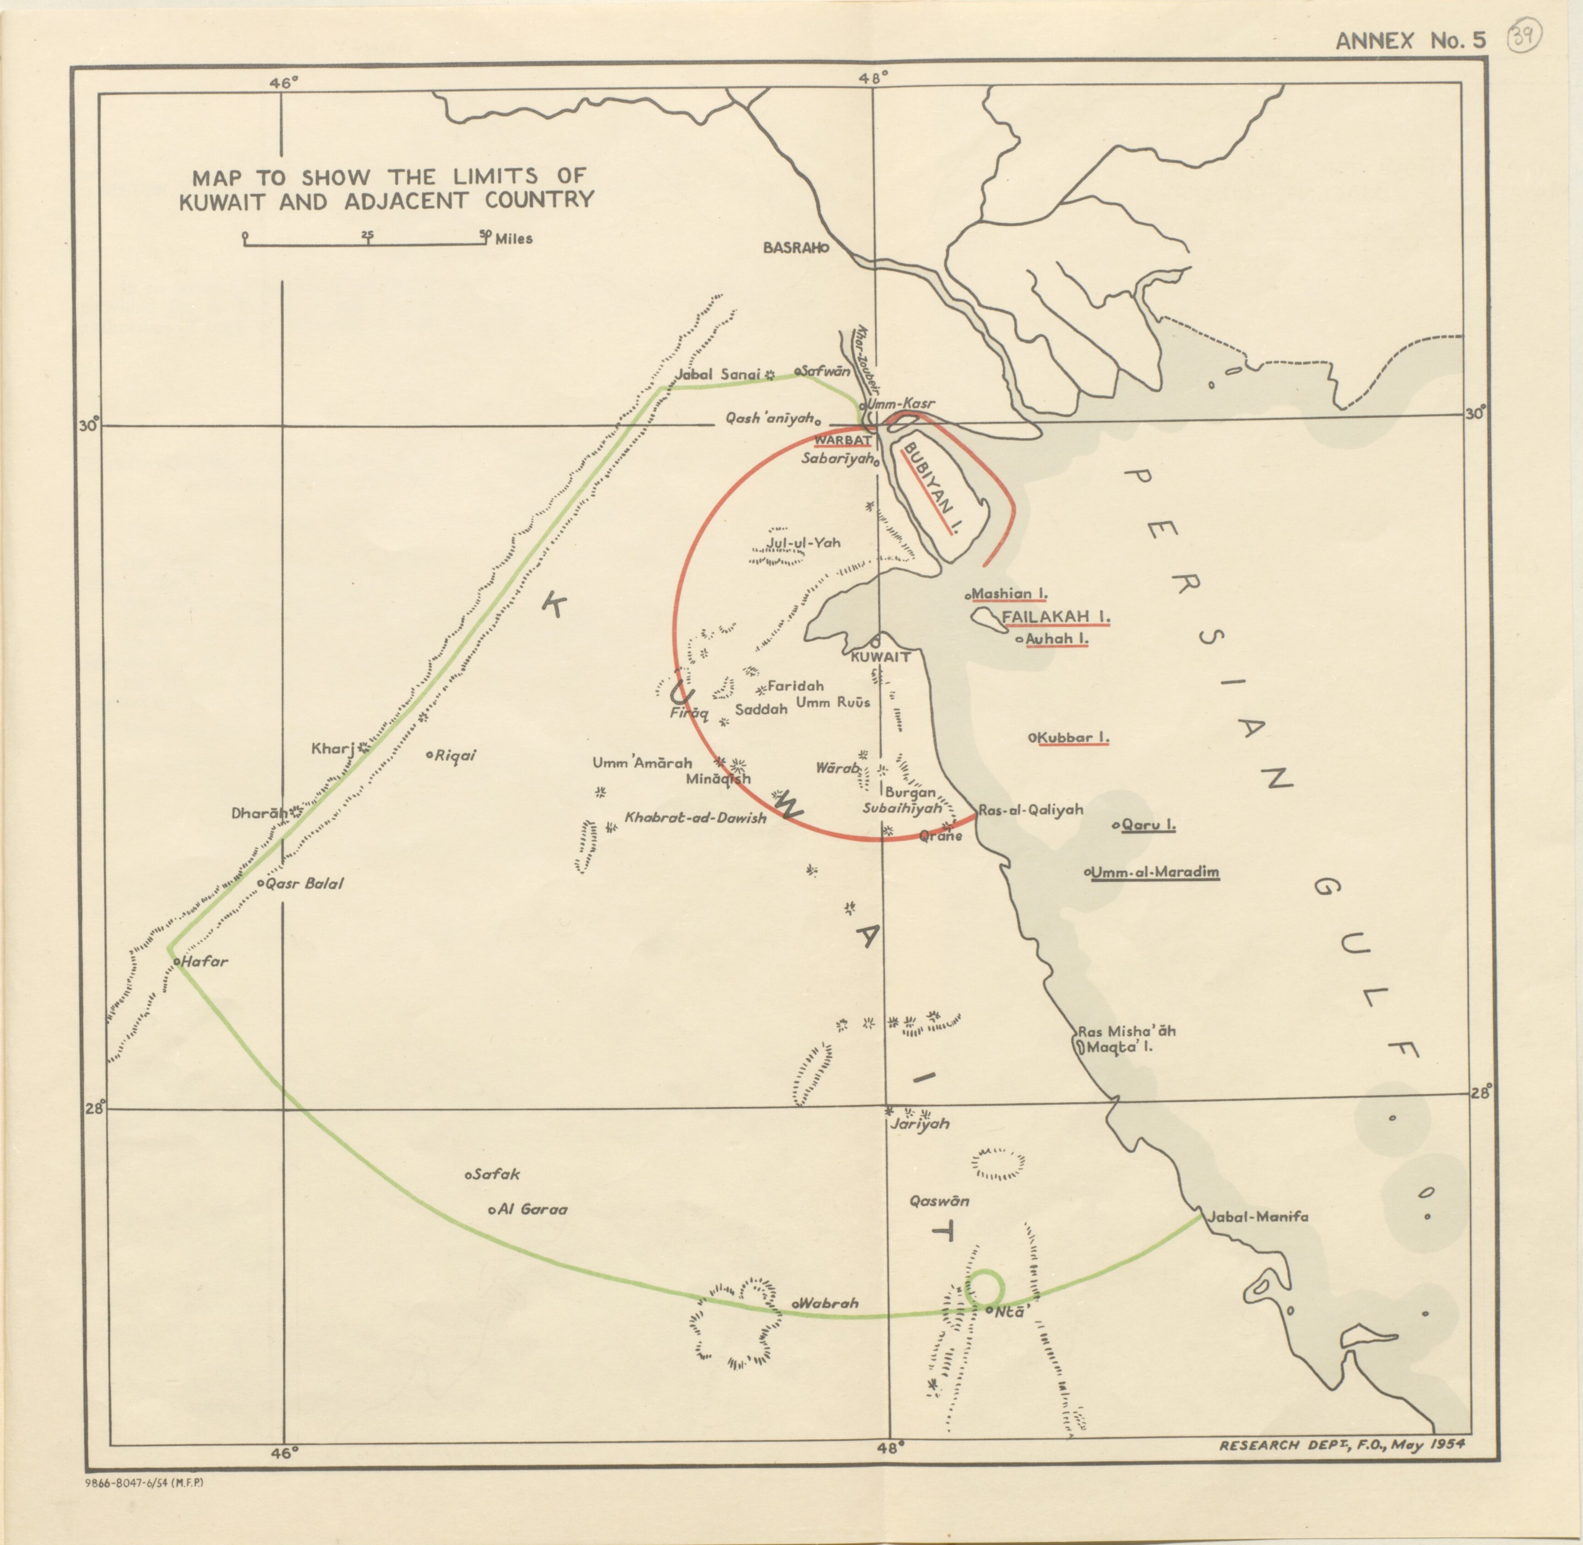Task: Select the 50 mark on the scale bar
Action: pyautogui.click(x=484, y=235)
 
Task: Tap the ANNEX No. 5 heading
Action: pyautogui.click(x=1410, y=41)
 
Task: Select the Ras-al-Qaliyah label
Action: pyautogui.click(x=1030, y=810)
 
